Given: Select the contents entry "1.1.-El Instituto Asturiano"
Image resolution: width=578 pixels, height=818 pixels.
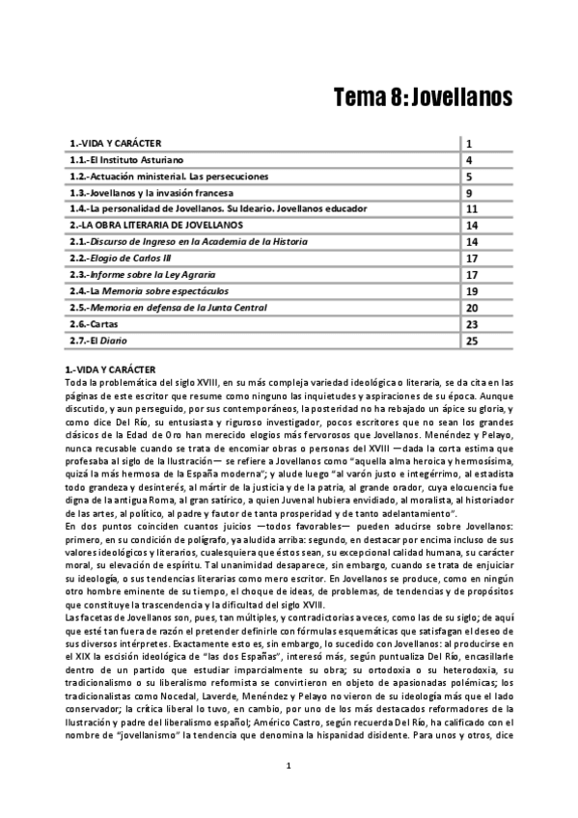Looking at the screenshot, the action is click(126, 159).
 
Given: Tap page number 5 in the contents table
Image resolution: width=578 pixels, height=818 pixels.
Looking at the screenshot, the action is click(468, 177).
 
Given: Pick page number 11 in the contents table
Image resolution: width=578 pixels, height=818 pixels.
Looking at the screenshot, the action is click(472, 209).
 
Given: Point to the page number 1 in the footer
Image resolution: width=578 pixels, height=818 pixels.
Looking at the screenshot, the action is click(289, 793).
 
